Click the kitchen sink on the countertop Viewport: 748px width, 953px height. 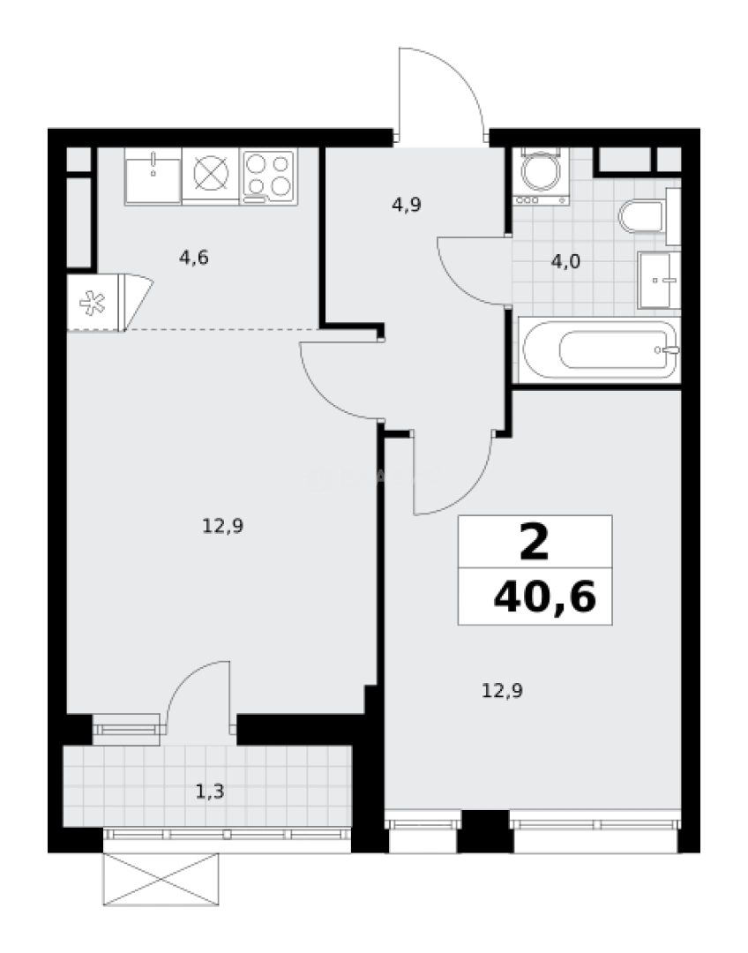point(153,175)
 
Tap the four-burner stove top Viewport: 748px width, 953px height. point(268,175)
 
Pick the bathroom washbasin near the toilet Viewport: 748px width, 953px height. point(660,279)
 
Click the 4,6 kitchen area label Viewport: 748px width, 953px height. point(193,258)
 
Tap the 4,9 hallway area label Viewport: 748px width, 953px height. point(407,205)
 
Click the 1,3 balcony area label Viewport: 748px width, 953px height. point(209,791)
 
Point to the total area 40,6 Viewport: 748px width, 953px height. point(545,597)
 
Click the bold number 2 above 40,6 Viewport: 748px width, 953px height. point(534,543)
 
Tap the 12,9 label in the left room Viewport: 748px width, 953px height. point(222,527)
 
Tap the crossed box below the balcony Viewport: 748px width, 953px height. point(164,879)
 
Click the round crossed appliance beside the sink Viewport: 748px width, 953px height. point(210,175)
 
